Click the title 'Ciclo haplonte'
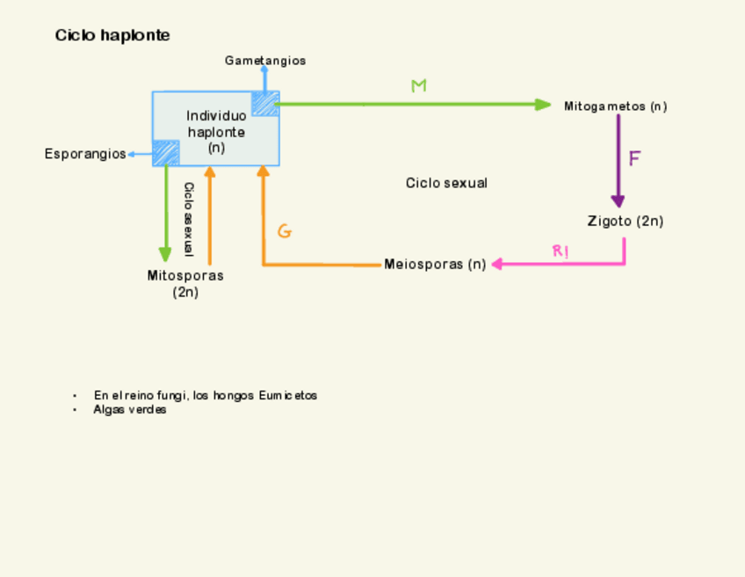point(112,36)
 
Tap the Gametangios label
point(265,61)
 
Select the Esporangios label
point(85,154)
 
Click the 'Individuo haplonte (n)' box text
point(216,132)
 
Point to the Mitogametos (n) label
point(615,106)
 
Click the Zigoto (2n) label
point(625,221)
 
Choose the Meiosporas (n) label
point(435,264)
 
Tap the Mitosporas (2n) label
point(185,283)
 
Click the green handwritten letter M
point(419,86)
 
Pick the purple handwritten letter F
point(634,159)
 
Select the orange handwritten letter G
point(284,232)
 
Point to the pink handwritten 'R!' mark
point(560,252)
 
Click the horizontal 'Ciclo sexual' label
point(446,183)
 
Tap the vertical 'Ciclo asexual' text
point(188,218)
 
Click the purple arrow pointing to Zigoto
point(618,158)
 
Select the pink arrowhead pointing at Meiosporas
point(498,264)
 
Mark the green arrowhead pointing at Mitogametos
point(544,105)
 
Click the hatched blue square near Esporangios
point(166,152)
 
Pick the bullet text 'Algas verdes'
point(130,410)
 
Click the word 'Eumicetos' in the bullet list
point(288,396)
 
